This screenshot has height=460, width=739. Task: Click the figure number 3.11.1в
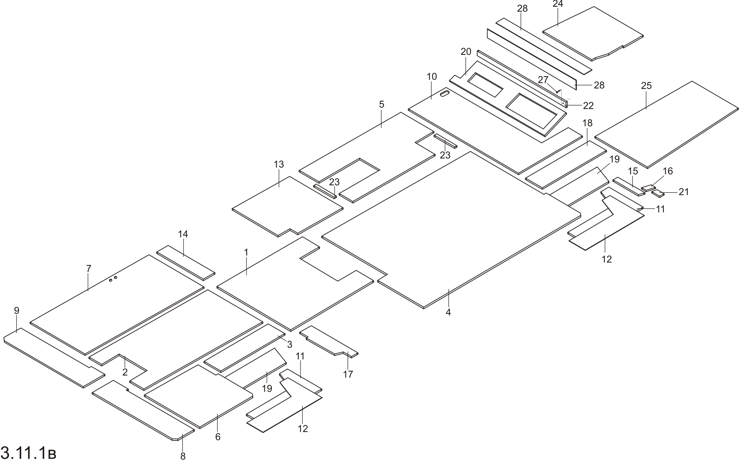pos(29,452)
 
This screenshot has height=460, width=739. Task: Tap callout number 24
pos(558,4)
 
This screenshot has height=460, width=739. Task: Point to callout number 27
pos(543,80)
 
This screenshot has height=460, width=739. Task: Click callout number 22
pos(588,105)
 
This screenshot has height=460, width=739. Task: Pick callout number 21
pos(684,192)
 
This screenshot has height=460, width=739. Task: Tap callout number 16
pos(668,171)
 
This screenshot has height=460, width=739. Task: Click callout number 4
pos(448,312)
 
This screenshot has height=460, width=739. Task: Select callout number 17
pos(348,374)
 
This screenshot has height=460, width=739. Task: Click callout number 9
pos(17,311)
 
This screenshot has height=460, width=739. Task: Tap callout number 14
pos(183,234)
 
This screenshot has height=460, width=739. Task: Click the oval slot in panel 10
pos(445,93)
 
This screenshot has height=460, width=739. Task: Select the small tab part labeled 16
pos(648,188)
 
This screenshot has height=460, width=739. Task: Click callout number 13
pos(279,164)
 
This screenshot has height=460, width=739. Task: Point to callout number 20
pos(466,52)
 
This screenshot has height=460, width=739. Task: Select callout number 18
pos(588,123)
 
